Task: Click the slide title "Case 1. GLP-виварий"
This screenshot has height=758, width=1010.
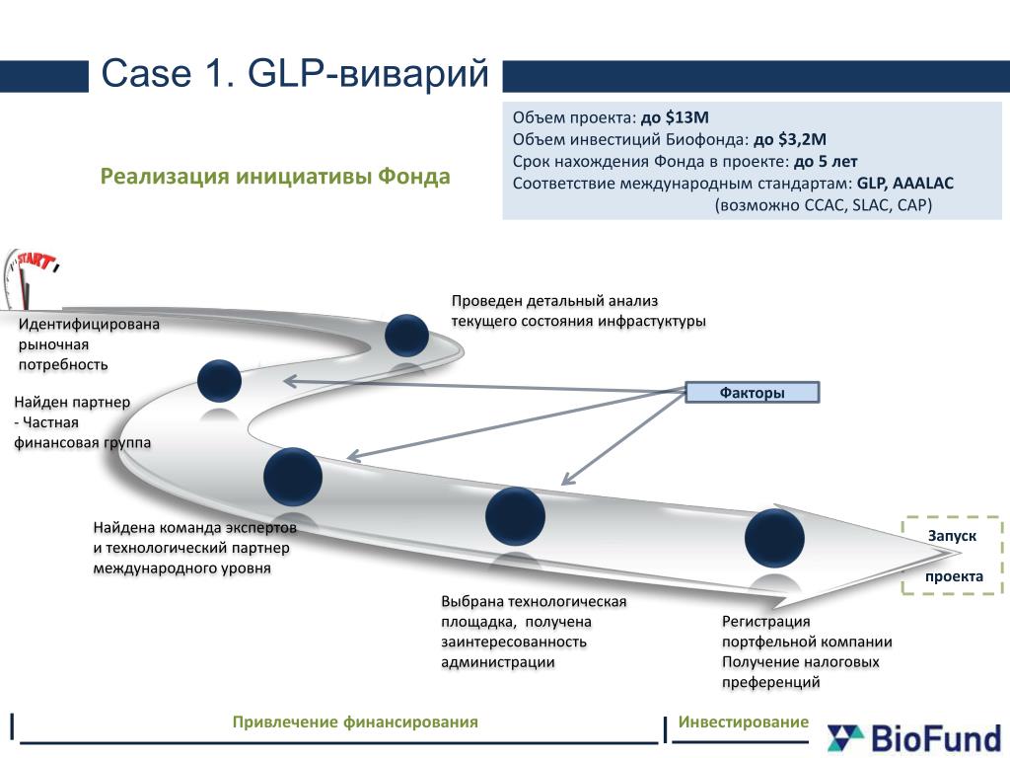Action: (x=296, y=74)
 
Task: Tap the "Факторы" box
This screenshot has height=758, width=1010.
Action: (x=752, y=393)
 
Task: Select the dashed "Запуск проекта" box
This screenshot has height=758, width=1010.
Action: (x=953, y=556)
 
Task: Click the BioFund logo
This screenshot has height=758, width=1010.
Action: (x=913, y=736)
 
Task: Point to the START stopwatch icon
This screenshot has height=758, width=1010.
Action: (x=30, y=276)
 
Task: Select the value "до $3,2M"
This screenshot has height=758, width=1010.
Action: (x=789, y=139)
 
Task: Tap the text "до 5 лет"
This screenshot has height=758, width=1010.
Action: (x=826, y=161)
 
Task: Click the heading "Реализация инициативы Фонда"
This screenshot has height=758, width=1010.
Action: (x=275, y=177)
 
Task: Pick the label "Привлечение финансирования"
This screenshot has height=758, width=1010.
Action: (x=355, y=722)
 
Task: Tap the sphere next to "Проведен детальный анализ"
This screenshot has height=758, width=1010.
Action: (x=406, y=335)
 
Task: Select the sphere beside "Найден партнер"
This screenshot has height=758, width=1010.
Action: (x=219, y=381)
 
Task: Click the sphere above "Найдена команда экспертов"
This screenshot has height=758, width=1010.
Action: (x=293, y=476)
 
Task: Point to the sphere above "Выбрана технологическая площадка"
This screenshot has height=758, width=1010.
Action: (x=516, y=515)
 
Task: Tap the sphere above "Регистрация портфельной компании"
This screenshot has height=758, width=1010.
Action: (x=774, y=538)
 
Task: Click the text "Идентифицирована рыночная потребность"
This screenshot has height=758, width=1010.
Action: (x=89, y=343)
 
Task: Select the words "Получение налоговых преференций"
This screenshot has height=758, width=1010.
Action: (x=800, y=671)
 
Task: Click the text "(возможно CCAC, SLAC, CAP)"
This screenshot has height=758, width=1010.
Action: (x=824, y=204)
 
